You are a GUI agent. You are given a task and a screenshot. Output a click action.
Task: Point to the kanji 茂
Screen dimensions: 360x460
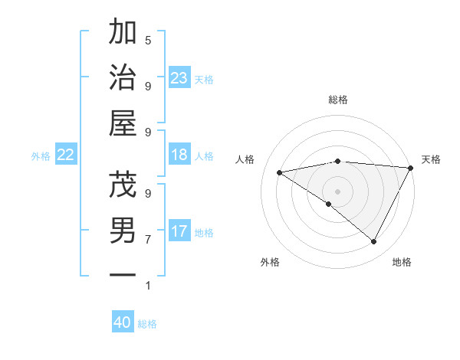tap(123, 185)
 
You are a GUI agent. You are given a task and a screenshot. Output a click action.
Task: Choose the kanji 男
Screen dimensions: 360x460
tap(123, 231)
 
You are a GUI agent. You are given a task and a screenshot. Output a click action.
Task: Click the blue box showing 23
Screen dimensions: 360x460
tap(179, 77)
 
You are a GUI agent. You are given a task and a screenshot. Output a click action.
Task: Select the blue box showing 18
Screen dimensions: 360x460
tap(179, 155)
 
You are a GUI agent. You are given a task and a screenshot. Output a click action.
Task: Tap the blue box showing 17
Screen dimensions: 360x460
tap(179, 231)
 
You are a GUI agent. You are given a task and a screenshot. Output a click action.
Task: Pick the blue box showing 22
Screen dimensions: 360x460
tap(66, 155)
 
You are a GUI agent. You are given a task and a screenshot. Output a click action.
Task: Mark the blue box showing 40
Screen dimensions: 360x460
tap(123, 322)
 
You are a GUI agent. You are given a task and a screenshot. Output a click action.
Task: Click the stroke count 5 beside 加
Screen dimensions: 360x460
tap(148, 40)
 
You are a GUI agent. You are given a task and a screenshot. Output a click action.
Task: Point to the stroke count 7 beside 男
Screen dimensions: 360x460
tap(148, 240)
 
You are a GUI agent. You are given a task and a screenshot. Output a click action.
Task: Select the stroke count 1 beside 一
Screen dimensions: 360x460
tap(148, 286)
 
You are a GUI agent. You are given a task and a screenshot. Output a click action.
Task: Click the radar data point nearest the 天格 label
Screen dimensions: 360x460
tap(411, 169)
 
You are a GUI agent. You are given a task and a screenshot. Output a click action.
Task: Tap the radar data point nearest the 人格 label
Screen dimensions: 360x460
tap(280, 172)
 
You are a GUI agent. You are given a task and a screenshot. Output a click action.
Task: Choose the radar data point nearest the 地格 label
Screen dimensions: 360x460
tap(373, 242)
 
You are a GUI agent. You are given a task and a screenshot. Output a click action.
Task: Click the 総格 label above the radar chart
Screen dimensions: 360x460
tap(338, 100)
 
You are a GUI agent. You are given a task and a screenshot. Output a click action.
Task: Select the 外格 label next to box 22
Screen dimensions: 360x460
tap(41, 156)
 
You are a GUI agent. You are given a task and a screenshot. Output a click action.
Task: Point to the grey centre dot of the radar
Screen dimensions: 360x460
tap(337, 191)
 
